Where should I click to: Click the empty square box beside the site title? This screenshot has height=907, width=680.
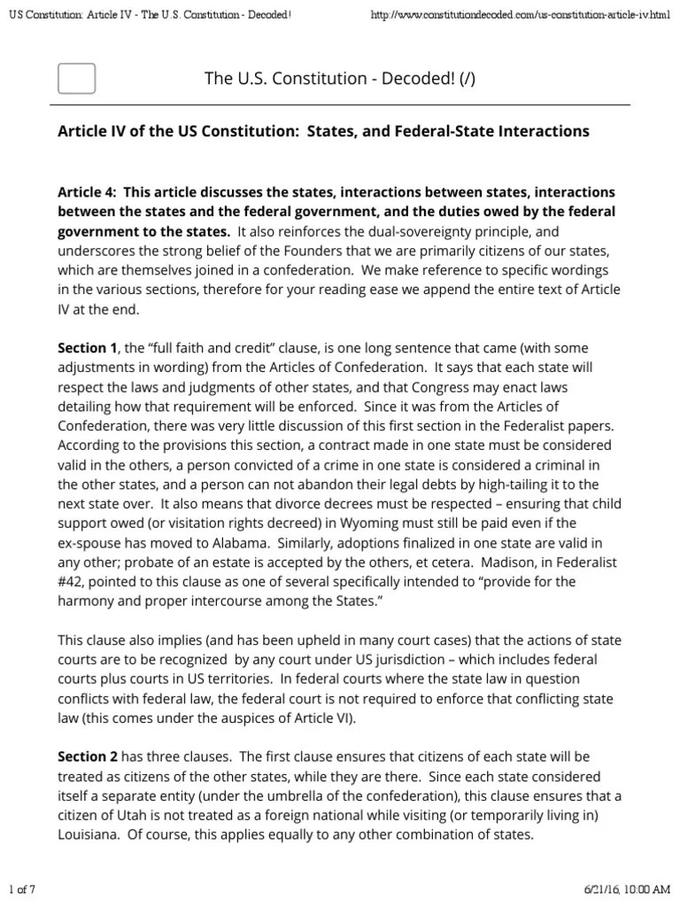click(76, 79)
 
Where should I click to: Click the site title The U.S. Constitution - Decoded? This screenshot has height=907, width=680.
click(327, 80)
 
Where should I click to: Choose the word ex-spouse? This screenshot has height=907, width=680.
click(92, 542)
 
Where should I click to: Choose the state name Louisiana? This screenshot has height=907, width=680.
click(89, 833)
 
